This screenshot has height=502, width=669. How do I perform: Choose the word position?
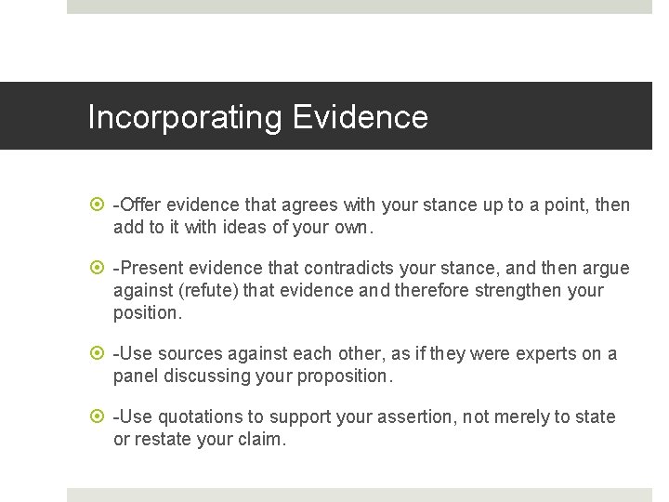147,312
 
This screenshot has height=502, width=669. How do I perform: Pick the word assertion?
414,417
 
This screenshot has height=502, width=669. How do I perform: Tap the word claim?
266,439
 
